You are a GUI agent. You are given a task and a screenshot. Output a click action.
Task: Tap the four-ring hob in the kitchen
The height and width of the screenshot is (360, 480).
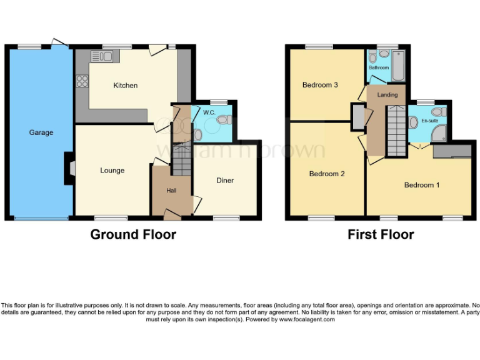point(82,80)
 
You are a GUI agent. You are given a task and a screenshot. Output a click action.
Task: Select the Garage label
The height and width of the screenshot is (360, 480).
point(41,132)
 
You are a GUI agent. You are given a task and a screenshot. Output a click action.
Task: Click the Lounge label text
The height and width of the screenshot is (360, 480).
point(112,170)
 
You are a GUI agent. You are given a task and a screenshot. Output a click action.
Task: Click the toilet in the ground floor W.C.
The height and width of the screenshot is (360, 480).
point(198,133)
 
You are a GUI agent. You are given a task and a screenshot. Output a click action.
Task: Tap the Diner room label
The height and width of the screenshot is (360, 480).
point(225,181)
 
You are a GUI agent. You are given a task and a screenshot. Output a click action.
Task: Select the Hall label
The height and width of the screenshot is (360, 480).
point(171,191)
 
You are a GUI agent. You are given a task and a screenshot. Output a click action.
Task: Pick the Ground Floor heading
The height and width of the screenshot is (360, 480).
point(133,235)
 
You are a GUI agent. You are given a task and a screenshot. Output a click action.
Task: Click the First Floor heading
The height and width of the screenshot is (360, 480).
point(381,235)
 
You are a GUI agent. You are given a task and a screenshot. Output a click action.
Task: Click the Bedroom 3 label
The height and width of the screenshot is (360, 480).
point(320,85)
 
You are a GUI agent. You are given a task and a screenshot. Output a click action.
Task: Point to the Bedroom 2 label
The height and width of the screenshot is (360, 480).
point(327,174)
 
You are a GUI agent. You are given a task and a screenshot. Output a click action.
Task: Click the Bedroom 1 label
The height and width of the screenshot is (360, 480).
point(422,185)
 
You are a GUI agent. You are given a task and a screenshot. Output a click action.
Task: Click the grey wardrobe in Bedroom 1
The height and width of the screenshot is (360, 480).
point(452,151)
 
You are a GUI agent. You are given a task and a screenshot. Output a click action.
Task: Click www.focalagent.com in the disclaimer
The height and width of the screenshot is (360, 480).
point(307,319)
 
